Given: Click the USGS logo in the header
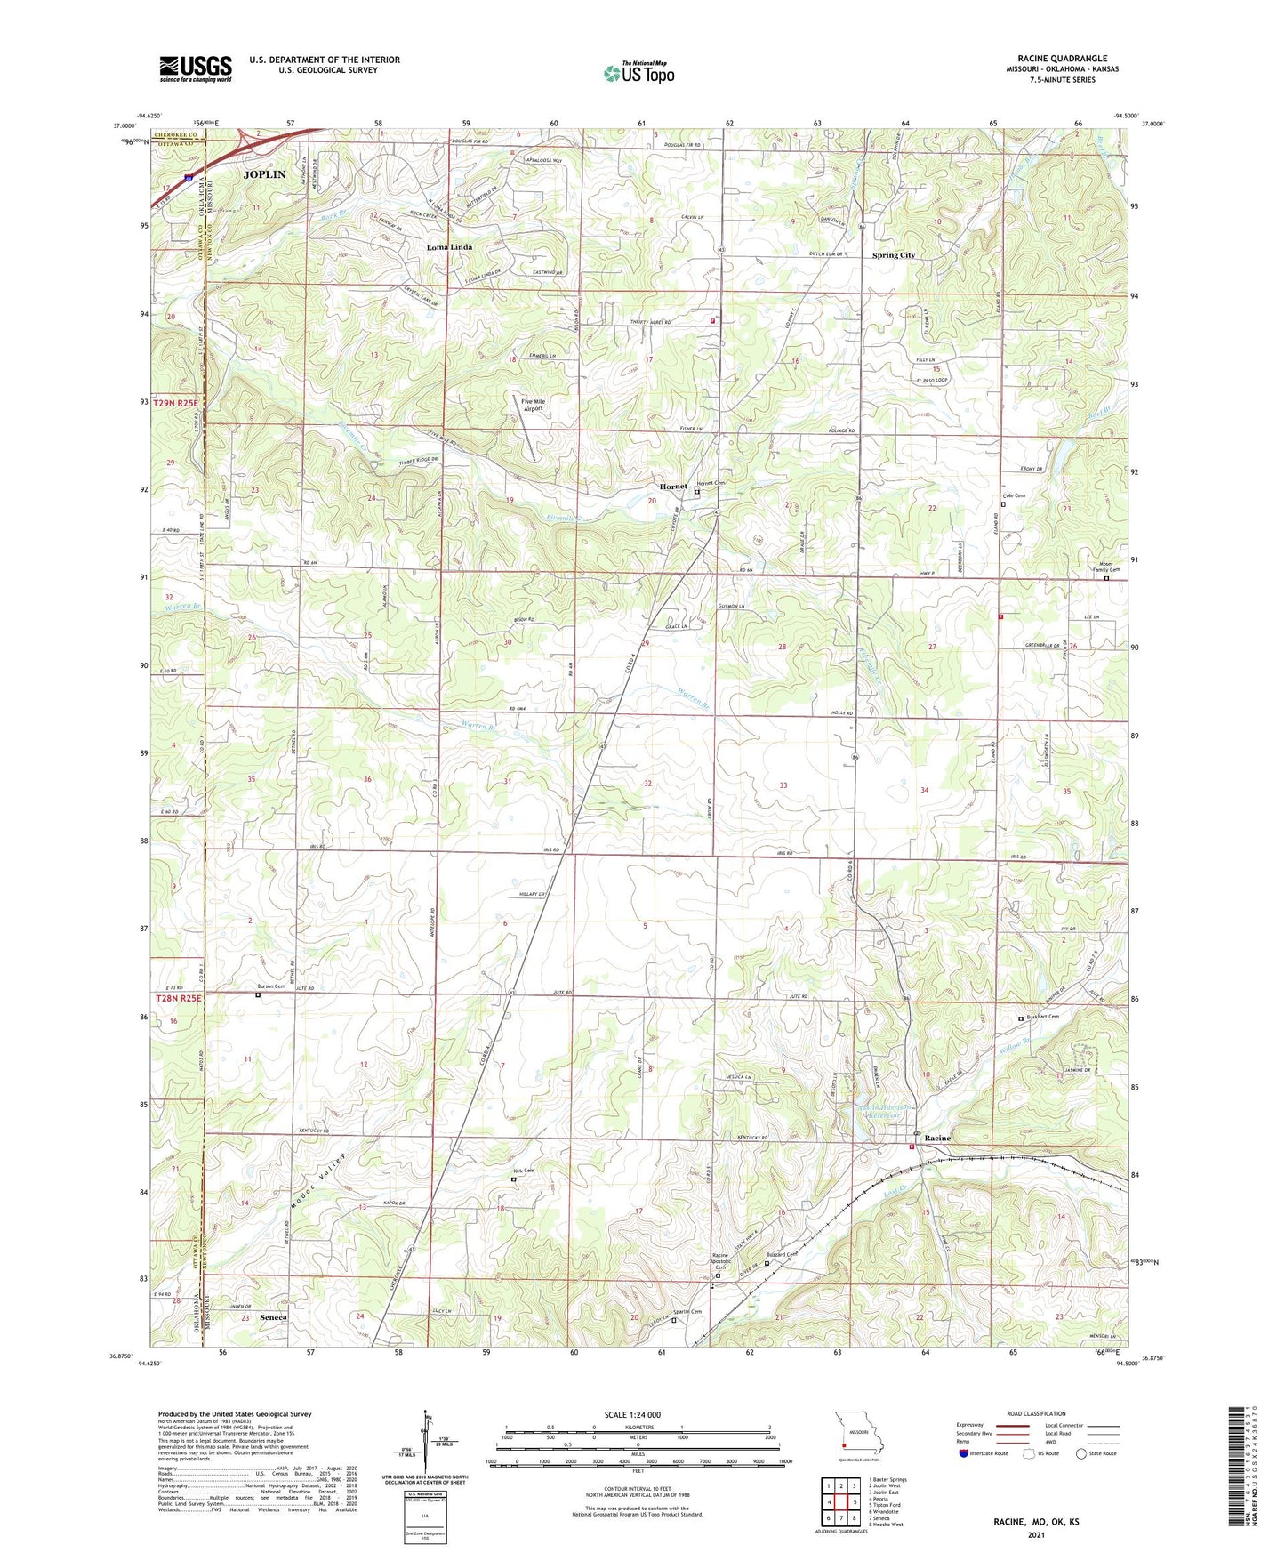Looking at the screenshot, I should pos(195,68).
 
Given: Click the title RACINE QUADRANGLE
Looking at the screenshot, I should pos(1062,59).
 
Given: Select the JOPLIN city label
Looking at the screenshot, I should pos(265,174).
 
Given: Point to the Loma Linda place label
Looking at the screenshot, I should pos(449,246).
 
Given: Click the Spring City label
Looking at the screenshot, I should pos(893,255).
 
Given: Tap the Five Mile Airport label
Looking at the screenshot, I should pos(533,405).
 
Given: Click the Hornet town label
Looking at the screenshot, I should pos(673,487).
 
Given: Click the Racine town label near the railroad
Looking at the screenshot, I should pos(937,1138).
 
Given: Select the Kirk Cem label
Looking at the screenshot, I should pos(523,1171).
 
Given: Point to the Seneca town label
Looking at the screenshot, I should pos(273,1316).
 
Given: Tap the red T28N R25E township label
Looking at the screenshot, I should pos(179,999).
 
